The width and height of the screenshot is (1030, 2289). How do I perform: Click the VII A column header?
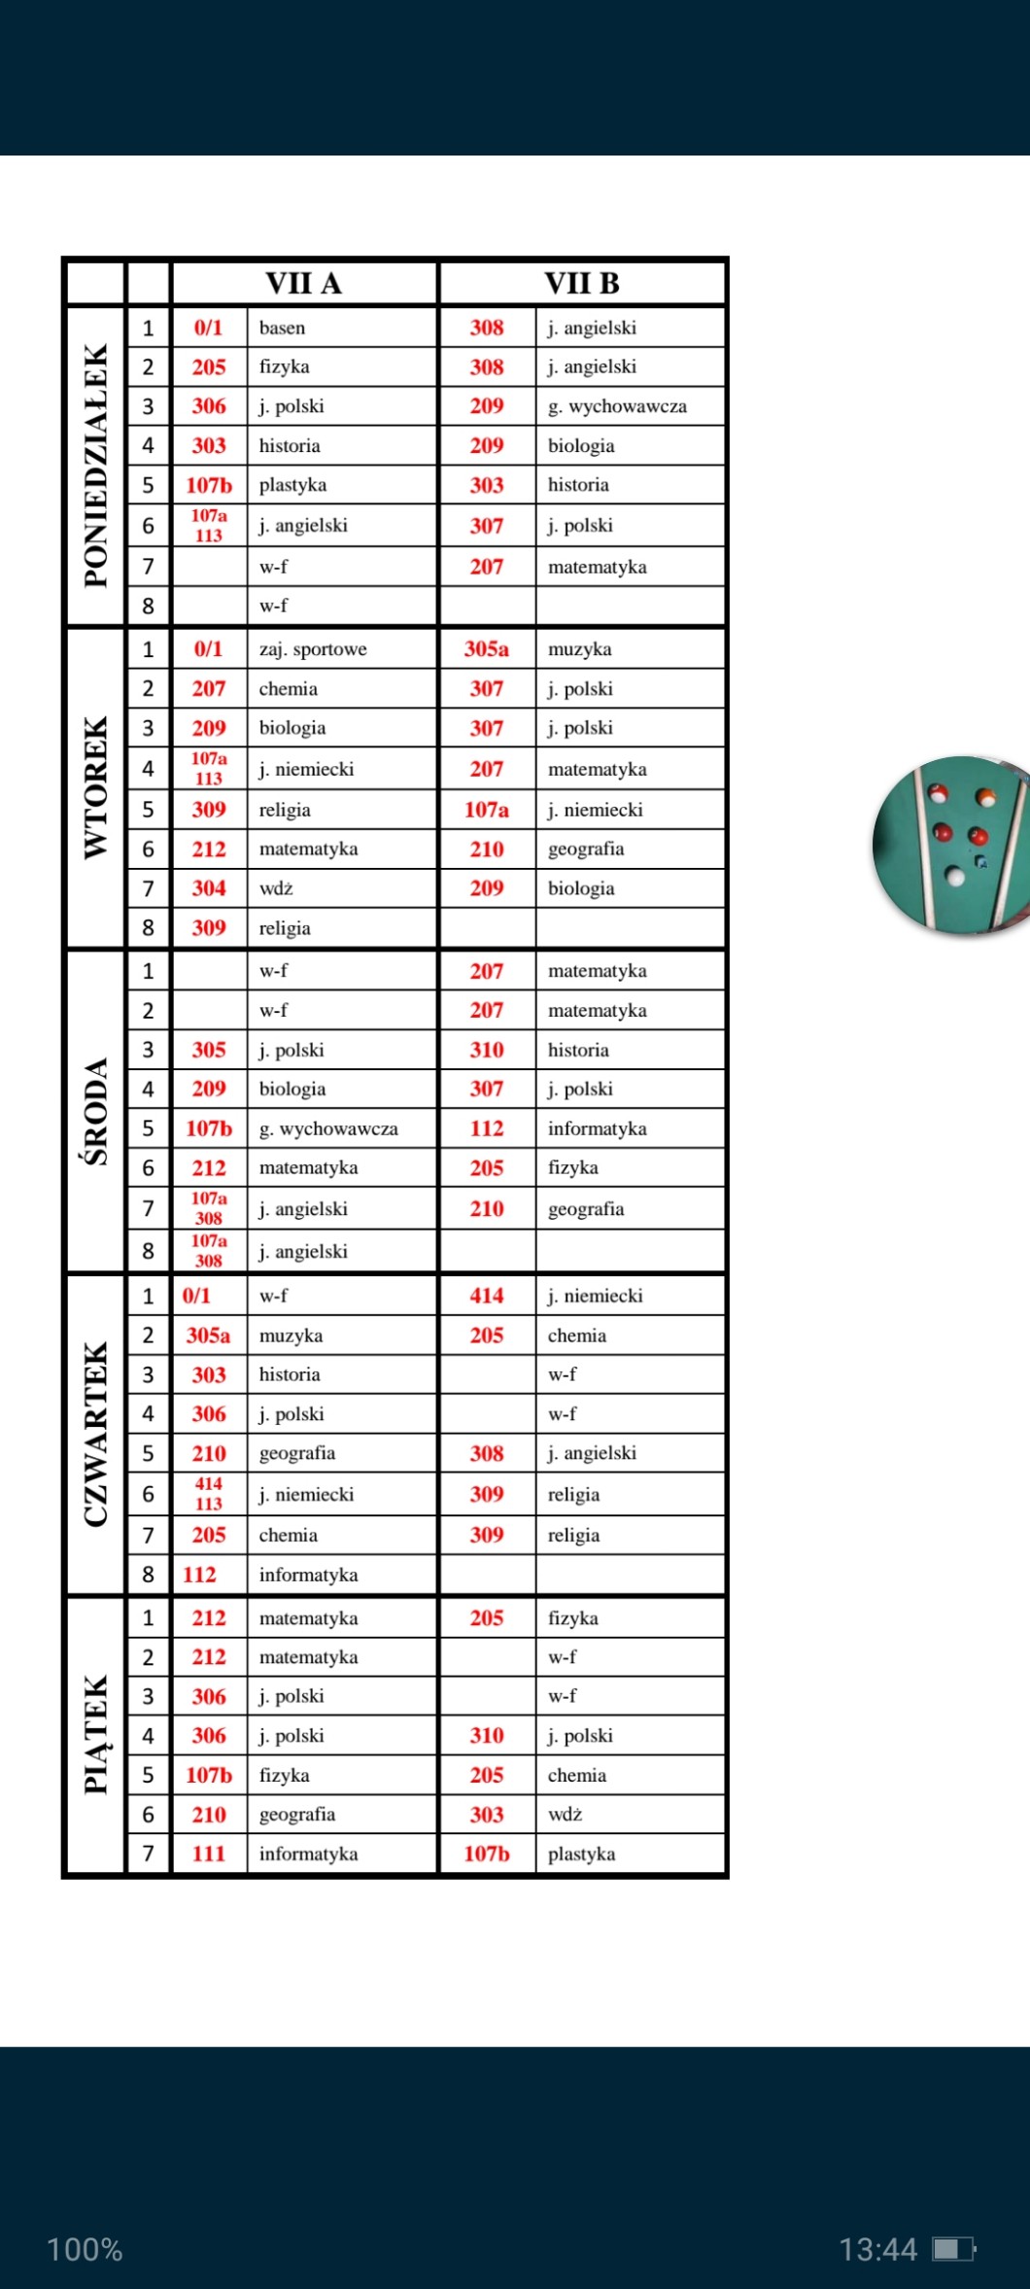pyautogui.click(x=303, y=283)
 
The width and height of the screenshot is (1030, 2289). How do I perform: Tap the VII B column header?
pyautogui.click(x=581, y=283)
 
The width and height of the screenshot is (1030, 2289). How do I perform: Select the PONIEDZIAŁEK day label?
pyautogui.click(x=95, y=465)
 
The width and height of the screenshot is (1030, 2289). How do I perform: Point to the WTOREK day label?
pyautogui.click(x=95, y=787)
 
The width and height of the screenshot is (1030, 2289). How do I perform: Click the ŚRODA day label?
pyautogui.click(x=95, y=1111)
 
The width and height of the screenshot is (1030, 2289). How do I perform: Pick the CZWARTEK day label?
pyautogui.click(x=95, y=1434)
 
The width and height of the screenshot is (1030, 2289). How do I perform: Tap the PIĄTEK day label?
pyautogui.click(x=95, y=1735)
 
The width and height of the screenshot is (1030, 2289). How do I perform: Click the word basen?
pyautogui.click(x=282, y=328)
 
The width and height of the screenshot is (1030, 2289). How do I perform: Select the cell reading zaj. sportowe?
pyautogui.click(x=313, y=649)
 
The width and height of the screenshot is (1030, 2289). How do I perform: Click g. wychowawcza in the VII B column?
pyautogui.click(x=617, y=406)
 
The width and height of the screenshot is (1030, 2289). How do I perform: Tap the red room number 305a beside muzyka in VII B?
pyautogui.click(x=486, y=649)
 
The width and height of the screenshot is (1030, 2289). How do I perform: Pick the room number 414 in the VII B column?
pyautogui.click(x=486, y=1296)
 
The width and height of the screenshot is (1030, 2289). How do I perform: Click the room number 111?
pyautogui.click(x=208, y=1854)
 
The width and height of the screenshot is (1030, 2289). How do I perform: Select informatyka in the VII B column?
pyautogui.click(x=597, y=1128)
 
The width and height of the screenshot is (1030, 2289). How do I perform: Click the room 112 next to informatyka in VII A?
pyautogui.click(x=199, y=1575)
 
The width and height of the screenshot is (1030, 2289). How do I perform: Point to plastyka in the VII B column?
pyautogui.click(x=581, y=1854)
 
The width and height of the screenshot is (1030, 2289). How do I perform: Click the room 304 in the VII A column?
pyautogui.click(x=208, y=888)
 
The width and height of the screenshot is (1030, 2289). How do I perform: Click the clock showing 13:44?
pyautogui.click(x=877, y=2249)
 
